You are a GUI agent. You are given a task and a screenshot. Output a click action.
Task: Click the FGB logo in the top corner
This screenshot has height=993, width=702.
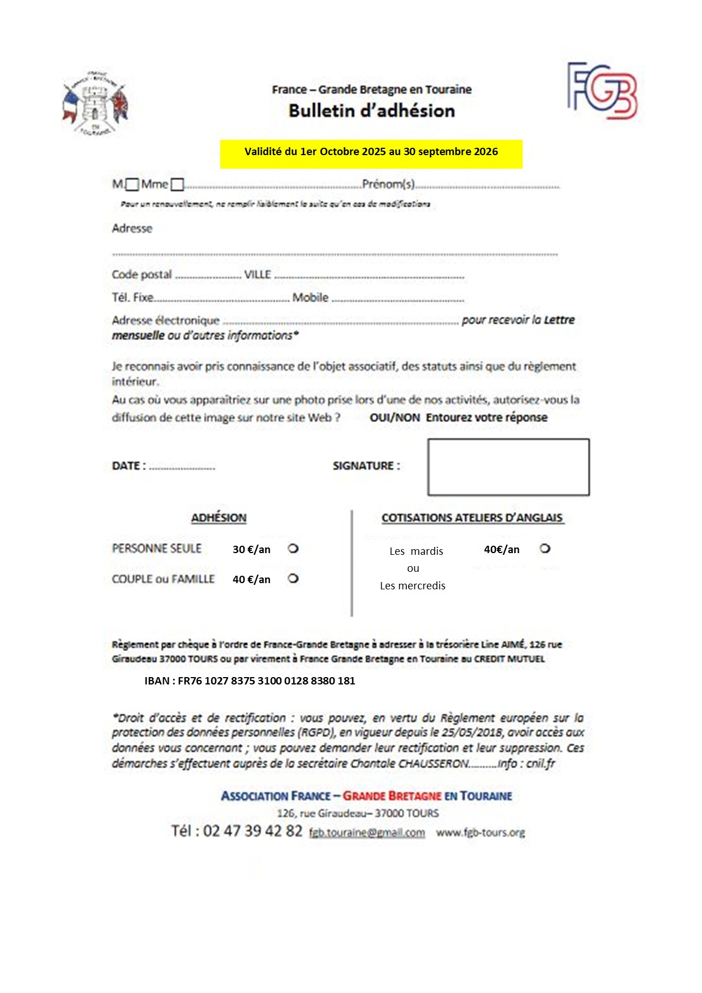click(x=602, y=91)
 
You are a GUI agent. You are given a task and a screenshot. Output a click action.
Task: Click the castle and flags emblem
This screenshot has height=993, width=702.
click(x=95, y=104)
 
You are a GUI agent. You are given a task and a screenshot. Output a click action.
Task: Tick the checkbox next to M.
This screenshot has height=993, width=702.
click(x=132, y=185)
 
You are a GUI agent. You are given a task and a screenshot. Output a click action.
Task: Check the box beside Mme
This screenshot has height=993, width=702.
click(x=177, y=185)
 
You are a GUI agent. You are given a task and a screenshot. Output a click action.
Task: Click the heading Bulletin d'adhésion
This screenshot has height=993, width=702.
click(x=371, y=111)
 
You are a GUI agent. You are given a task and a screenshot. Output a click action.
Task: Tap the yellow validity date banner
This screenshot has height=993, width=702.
click(x=371, y=153)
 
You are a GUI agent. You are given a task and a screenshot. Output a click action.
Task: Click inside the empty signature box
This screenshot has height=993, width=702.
click(x=508, y=467)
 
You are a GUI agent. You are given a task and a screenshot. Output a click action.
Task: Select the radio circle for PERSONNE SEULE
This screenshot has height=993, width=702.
click(x=293, y=549)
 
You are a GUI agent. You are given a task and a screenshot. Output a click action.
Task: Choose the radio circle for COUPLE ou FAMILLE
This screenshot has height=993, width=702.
click(x=293, y=579)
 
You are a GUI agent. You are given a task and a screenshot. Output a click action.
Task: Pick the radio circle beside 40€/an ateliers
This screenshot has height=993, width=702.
click(x=545, y=549)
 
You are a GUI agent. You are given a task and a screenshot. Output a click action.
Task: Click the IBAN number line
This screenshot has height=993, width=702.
click(x=250, y=681)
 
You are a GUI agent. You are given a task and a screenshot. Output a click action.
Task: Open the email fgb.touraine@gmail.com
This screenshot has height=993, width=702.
click(x=367, y=833)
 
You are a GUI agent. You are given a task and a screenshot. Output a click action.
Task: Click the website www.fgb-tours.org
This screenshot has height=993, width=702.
click(x=480, y=833)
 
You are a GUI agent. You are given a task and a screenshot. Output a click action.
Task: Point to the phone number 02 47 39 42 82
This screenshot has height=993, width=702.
click(x=252, y=831)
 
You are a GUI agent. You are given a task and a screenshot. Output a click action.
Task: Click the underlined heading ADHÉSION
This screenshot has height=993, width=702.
click(x=219, y=518)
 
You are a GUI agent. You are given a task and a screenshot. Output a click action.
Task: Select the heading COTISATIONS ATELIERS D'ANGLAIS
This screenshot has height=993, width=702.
click(x=472, y=518)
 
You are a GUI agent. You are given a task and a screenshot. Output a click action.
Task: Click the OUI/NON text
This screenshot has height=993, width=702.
click(x=395, y=418)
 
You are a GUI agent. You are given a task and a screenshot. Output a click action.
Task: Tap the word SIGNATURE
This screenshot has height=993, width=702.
click(x=366, y=466)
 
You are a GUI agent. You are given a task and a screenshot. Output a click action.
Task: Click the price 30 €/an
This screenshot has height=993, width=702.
click(x=251, y=550)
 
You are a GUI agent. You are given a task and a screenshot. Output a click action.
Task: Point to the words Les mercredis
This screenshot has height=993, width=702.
click(x=413, y=586)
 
